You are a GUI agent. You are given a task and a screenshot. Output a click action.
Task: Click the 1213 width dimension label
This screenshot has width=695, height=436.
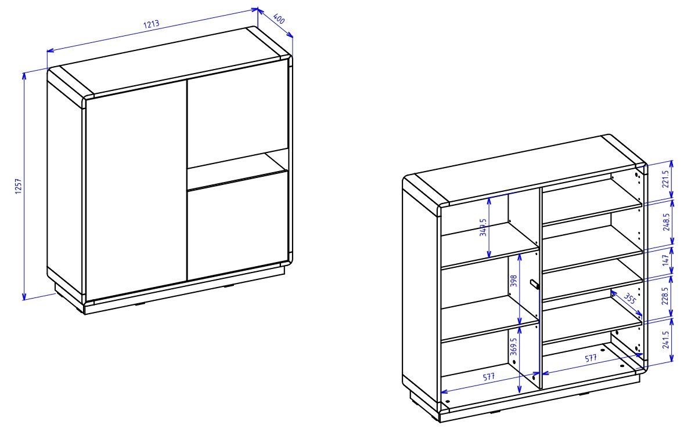point(152,24)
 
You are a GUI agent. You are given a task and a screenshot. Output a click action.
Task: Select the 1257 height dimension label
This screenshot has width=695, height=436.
point(18,186)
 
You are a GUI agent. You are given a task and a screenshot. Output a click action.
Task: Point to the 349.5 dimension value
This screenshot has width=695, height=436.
point(483,227)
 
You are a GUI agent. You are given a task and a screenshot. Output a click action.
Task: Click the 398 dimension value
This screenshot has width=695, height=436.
point(514,281)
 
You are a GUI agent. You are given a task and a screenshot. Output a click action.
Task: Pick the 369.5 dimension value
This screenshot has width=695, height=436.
point(514,347)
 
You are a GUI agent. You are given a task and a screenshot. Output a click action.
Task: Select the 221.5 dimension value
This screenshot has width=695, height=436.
point(665,179)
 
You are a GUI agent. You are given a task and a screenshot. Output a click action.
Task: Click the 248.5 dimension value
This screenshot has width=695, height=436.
point(665,222)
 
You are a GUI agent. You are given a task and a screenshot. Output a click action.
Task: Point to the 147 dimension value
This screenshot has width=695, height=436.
point(665,260)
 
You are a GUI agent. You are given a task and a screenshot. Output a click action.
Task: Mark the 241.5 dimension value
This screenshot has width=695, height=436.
point(666,339)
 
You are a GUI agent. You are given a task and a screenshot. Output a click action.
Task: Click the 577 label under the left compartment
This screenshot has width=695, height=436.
point(488,377)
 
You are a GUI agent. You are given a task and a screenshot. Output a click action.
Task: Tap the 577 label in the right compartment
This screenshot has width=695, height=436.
point(591,358)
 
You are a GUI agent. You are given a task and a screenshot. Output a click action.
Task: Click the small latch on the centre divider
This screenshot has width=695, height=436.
point(535,284)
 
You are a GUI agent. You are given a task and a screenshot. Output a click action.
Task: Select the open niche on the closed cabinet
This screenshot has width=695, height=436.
point(237,170)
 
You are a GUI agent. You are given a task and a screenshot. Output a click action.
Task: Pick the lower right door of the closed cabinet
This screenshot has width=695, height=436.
point(237,226)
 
